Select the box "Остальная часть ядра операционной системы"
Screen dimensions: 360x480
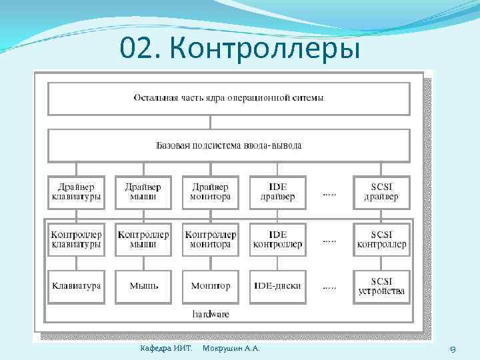coord(229,99)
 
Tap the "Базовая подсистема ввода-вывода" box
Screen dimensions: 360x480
coord(229,145)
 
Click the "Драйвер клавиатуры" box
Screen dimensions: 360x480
coord(77,192)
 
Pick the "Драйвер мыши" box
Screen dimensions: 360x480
coord(143,192)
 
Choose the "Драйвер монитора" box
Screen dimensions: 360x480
coord(211,192)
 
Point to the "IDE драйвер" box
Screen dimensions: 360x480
coord(277,192)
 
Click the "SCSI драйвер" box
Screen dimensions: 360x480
coord(381,192)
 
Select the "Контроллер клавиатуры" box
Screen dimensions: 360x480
coord(77,239)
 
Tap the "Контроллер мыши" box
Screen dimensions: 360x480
coord(143,239)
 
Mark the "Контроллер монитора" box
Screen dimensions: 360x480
coord(211,239)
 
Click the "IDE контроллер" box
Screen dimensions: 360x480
coord(277,239)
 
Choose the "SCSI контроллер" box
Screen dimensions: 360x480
coord(381,239)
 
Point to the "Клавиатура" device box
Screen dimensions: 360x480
coord(77,286)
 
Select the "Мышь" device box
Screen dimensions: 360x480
coord(143,286)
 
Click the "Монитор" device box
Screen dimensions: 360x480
coord(211,286)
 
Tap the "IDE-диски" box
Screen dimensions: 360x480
coord(277,286)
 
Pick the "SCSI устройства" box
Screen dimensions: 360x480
coord(381,286)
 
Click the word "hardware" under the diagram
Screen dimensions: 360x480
coord(211,313)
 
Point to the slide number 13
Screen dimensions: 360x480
coord(452,349)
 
